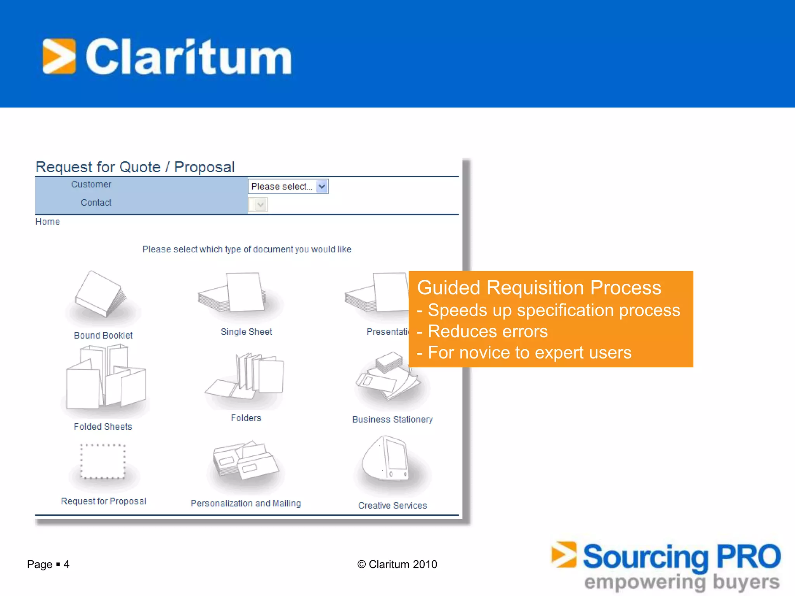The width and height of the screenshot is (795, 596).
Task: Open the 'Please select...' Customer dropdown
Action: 288,187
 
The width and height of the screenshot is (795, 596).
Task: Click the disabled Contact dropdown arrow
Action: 261,204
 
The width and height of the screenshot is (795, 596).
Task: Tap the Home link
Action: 47,222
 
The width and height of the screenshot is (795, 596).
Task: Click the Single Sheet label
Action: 246,332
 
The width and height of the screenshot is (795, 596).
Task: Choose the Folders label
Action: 246,418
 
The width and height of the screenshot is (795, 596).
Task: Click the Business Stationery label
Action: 392,419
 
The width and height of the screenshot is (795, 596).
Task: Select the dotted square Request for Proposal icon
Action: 103,461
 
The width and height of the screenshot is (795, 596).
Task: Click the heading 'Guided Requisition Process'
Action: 539,288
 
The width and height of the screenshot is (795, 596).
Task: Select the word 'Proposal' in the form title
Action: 204,167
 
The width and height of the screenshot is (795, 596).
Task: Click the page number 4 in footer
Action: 66,564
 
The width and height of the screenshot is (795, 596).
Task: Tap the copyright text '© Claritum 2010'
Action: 397,564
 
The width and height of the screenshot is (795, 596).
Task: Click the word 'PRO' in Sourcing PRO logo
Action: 748,556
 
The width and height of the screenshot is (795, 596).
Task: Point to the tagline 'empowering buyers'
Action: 682,582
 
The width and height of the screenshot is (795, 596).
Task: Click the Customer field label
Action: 91,184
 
